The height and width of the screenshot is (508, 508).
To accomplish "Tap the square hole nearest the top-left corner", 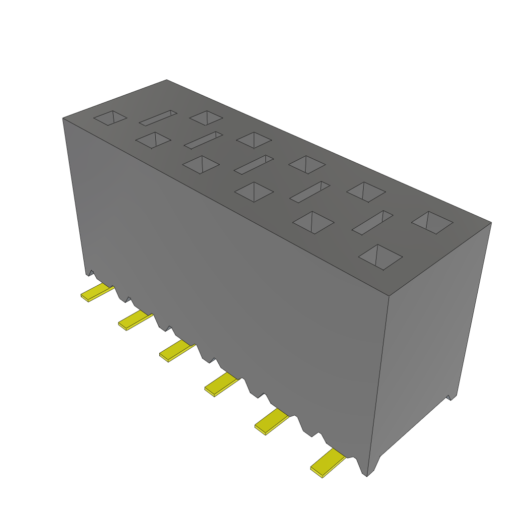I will click(x=110, y=118).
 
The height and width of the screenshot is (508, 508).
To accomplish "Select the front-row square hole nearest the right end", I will click(x=380, y=256).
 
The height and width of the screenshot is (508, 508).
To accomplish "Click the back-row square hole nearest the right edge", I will click(x=432, y=222).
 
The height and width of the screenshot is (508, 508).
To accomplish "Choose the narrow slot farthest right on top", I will click(x=373, y=223).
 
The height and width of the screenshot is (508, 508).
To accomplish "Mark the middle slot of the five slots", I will click(x=254, y=165).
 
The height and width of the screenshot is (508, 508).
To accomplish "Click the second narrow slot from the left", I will click(x=203, y=140).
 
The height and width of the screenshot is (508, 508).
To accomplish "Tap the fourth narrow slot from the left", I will click(x=310, y=192).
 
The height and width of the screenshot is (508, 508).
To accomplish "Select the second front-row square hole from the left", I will click(x=153, y=139).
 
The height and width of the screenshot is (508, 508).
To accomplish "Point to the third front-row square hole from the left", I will click(x=201, y=164).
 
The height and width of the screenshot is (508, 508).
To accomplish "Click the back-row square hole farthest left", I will click(x=206, y=118).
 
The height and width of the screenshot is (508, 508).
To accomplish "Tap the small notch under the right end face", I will click(x=451, y=397).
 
